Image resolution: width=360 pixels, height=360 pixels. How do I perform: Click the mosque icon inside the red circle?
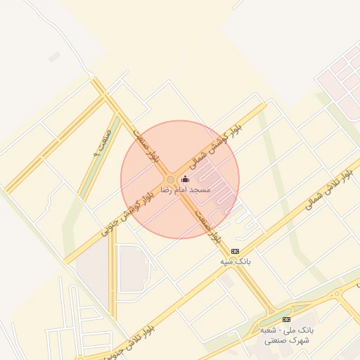(186, 179)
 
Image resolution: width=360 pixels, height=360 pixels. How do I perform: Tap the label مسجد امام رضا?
(186, 190)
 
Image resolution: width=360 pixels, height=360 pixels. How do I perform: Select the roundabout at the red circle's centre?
(170, 180)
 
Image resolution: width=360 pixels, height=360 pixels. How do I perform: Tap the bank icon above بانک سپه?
(235, 251)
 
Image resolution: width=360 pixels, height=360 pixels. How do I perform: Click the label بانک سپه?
(235, 262)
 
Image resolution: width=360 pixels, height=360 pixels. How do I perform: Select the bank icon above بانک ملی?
(286, 319)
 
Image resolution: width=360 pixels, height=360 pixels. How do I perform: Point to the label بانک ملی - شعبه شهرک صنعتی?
(286, 335)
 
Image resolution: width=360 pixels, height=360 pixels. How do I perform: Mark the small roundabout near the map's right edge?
(337, 294)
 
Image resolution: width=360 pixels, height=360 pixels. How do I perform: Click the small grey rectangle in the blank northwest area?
(54, 57)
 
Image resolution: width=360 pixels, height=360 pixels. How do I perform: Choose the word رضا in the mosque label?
(167, 190)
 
